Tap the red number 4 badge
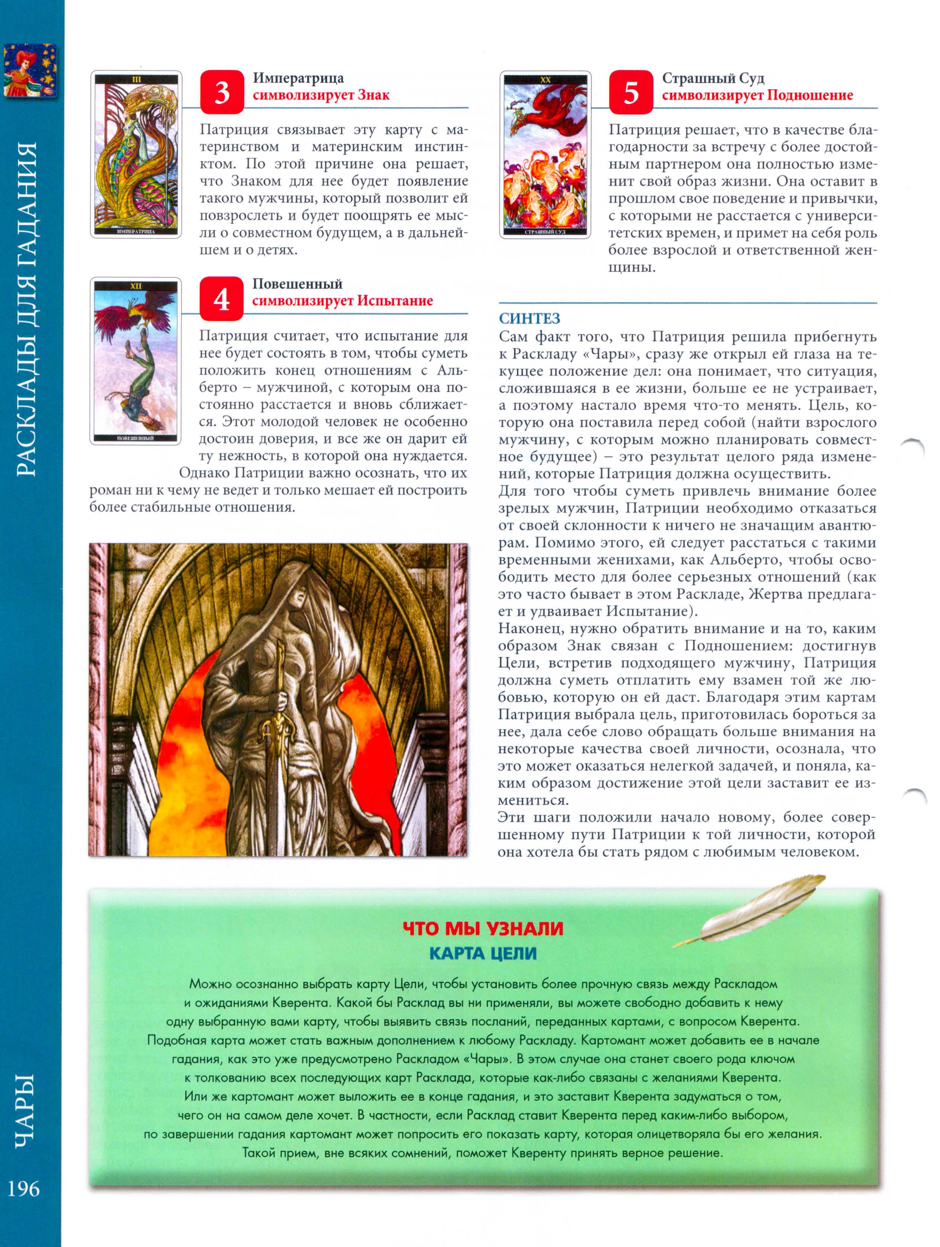tap(221, 298)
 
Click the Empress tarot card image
tap(136, 154)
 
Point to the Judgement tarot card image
tap(545, 154)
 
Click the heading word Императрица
tap(298, 78)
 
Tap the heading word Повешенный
tap(297, 284)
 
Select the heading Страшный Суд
tap(713, 78)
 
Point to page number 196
tap(24, 1188)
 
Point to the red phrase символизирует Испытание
tap(342, 300)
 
